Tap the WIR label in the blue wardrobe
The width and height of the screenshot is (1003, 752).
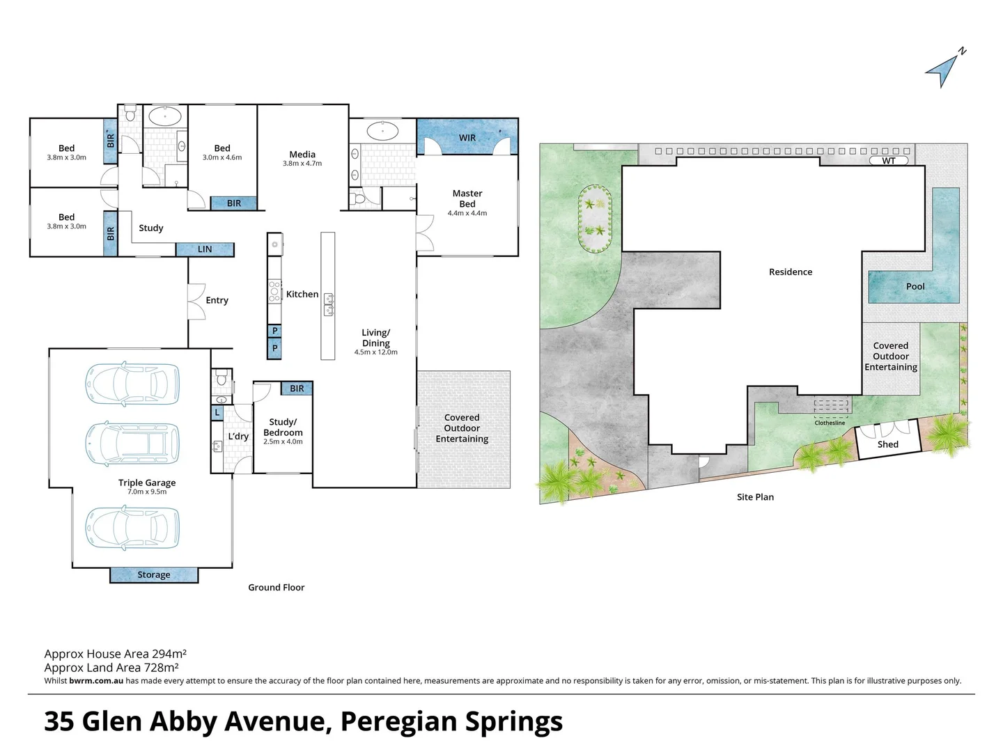tap(467, 138)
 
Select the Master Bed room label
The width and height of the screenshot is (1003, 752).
tap(467, 198)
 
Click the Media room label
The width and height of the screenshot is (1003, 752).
tap(302, 155)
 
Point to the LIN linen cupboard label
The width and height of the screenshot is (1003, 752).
tap(205, 249)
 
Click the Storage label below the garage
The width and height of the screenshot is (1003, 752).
tap(154, 575)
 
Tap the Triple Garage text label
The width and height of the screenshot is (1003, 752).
tap(147, 483)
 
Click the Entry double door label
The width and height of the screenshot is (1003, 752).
tap(217, 300)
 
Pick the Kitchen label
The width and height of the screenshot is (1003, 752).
tap(302, 295)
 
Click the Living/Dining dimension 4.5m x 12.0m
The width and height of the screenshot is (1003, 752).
tap(375, 352)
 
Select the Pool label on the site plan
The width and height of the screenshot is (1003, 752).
tap(915, 286)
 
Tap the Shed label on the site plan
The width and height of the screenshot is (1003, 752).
tap(887, 444)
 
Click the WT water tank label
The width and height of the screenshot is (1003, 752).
tap(889, 161)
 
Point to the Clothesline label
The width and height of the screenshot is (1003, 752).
tap(830, 423)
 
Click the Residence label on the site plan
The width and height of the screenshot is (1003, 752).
tap(791, 272)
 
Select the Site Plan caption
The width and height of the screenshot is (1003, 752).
tap(755, 497)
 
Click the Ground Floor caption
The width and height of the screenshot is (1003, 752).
tap(277, 588)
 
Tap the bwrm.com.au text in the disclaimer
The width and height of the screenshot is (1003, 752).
tap(96, 681)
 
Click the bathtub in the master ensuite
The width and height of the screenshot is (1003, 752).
tap(382, 130)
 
